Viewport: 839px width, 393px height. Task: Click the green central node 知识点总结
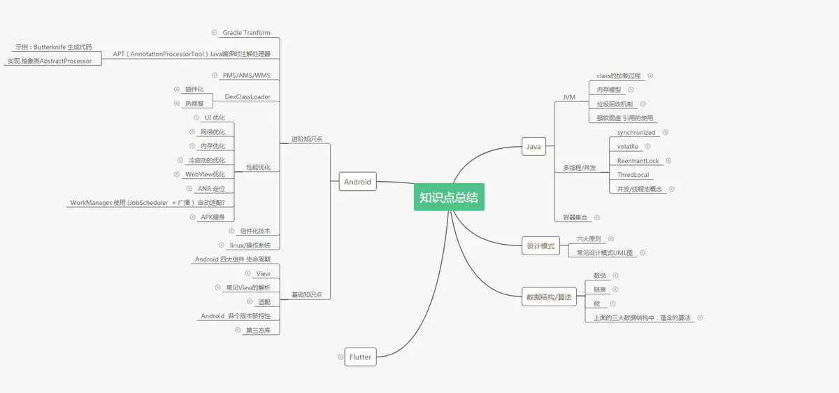(449, 197)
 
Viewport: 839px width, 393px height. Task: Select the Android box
(358, 182)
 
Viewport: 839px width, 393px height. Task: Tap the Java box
(533, 146)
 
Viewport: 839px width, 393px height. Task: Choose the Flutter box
(360, 357)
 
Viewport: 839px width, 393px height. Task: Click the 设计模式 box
(541, 245)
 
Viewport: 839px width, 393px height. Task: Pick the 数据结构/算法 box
(549, 296)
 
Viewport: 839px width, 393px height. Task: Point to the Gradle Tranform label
(246, 33)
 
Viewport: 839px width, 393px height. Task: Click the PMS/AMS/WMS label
(246, 76)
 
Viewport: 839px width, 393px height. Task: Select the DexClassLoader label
(248, 97)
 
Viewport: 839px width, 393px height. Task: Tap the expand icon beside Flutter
(340, 357)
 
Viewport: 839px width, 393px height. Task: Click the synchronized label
(636, 133)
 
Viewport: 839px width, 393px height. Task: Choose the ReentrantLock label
(638, 161)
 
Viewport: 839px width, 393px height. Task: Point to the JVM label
(569, 97)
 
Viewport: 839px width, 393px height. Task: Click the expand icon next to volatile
(647, 146)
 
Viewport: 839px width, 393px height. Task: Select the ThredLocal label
(633, 175)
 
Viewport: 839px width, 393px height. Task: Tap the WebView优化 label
(206, 174)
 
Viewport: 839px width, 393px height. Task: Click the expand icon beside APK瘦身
(192, 217)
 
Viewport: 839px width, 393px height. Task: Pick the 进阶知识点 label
(307, 139)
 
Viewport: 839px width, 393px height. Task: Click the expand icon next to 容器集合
(597, 217)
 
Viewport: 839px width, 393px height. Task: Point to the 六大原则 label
(589, 238)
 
